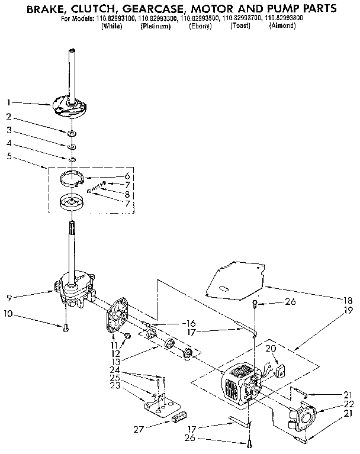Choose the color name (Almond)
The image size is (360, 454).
click(x=282, y=27)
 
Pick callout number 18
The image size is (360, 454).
click(x=348, y=300)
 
